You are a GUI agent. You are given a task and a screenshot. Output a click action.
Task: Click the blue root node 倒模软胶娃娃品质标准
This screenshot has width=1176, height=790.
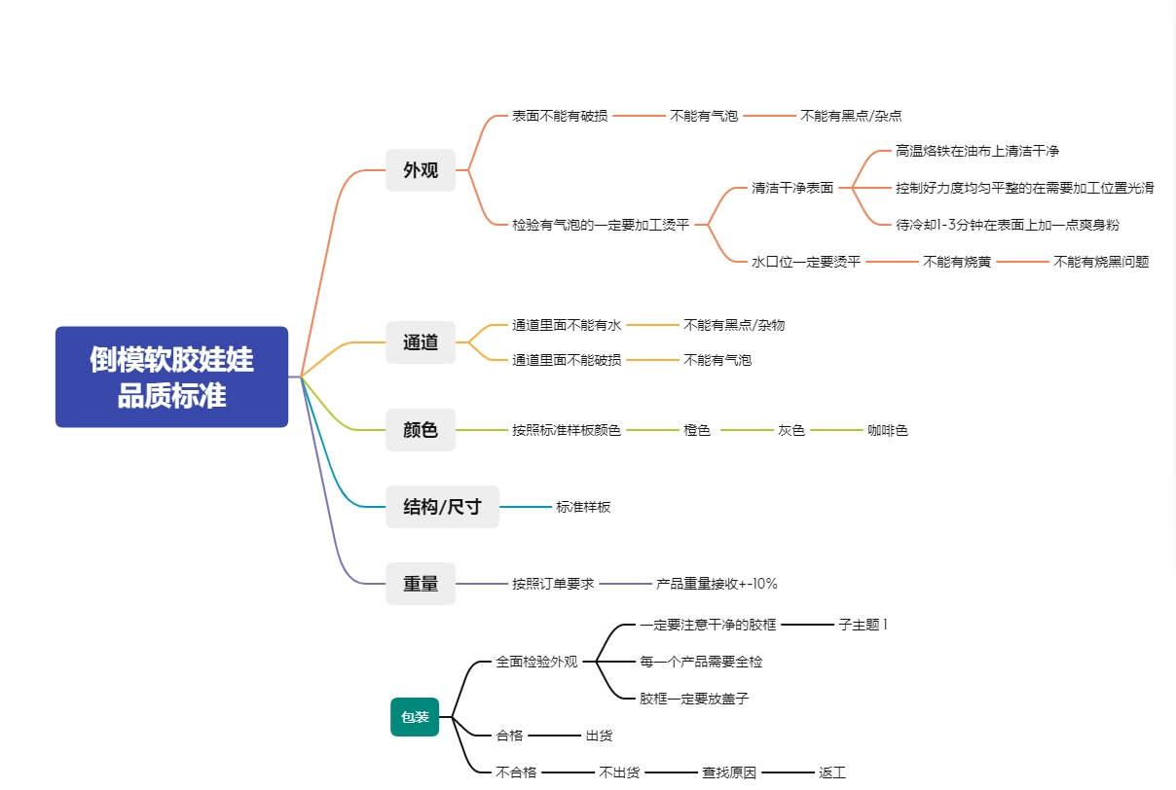click(171, 377)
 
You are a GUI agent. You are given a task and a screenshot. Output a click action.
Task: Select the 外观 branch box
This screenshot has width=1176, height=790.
click(421, 170)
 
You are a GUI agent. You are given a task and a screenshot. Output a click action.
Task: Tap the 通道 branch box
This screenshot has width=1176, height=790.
click(421, 342)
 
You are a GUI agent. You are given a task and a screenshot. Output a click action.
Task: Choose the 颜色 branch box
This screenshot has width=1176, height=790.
click(421, 430)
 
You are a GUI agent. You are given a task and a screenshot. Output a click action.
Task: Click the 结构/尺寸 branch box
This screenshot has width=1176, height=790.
click(442, 507)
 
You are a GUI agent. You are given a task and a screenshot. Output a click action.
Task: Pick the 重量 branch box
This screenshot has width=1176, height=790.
click(421, 584)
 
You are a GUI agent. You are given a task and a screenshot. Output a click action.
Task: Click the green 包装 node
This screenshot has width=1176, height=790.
click(415, 717)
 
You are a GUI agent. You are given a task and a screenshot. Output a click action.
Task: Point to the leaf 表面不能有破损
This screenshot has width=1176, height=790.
click(560, 116)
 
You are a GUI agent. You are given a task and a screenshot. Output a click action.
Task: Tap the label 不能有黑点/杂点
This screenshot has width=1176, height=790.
click(851, 116)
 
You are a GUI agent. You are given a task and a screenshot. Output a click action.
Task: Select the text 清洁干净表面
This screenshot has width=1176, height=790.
click(792, 188)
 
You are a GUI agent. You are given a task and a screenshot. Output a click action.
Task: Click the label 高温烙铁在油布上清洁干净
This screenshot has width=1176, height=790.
click(977, 151)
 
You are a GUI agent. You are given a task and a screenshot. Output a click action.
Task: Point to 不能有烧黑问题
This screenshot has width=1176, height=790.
click(1101, 262)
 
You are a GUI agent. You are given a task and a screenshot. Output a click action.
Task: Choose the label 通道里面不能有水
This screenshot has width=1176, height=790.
click(567, 325)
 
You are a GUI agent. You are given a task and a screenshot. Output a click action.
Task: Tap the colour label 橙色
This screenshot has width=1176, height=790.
click(697, 430)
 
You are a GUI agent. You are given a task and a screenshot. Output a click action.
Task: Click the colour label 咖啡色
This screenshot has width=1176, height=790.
click(887, 430)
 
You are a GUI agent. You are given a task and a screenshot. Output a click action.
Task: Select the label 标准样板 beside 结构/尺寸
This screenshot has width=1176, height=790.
click(583, 507)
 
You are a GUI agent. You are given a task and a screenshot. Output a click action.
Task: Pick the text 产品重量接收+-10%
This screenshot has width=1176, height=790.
click(717, 584)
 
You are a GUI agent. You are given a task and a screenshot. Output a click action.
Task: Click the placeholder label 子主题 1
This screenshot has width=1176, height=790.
click(864, 625)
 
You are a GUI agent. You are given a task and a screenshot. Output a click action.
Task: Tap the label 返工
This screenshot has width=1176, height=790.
click(832, 772)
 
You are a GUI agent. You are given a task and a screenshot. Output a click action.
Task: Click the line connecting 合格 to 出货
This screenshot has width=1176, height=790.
click(554, 736)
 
